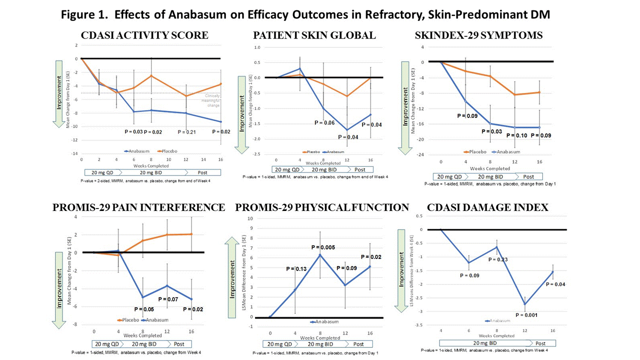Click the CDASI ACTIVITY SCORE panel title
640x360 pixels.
(145, 35)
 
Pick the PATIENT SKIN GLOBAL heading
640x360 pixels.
(314, 35)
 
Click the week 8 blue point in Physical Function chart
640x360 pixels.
(320, 255)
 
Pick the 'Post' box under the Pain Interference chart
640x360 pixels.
(179, 344)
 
